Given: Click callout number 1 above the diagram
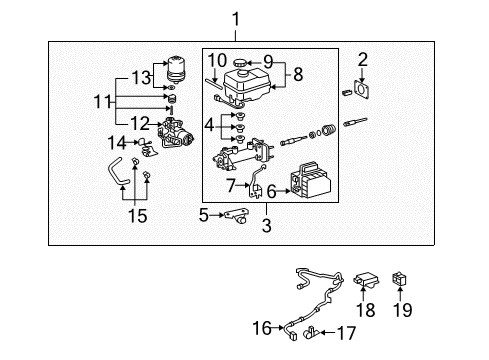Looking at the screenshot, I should click(x=235, y=18).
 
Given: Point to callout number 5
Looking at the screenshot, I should click(x=205, y=213).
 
